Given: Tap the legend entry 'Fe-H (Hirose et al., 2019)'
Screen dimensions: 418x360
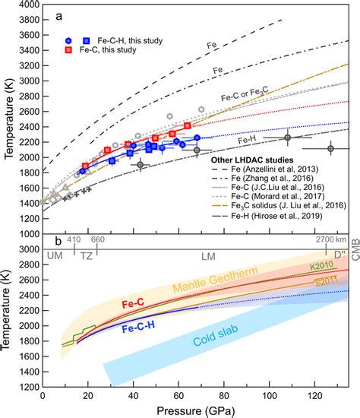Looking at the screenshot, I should tap(285, 216).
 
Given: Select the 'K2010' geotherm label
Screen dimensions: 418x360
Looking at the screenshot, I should tap(323, 267).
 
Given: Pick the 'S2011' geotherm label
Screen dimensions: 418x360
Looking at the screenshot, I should tap(323, 281).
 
